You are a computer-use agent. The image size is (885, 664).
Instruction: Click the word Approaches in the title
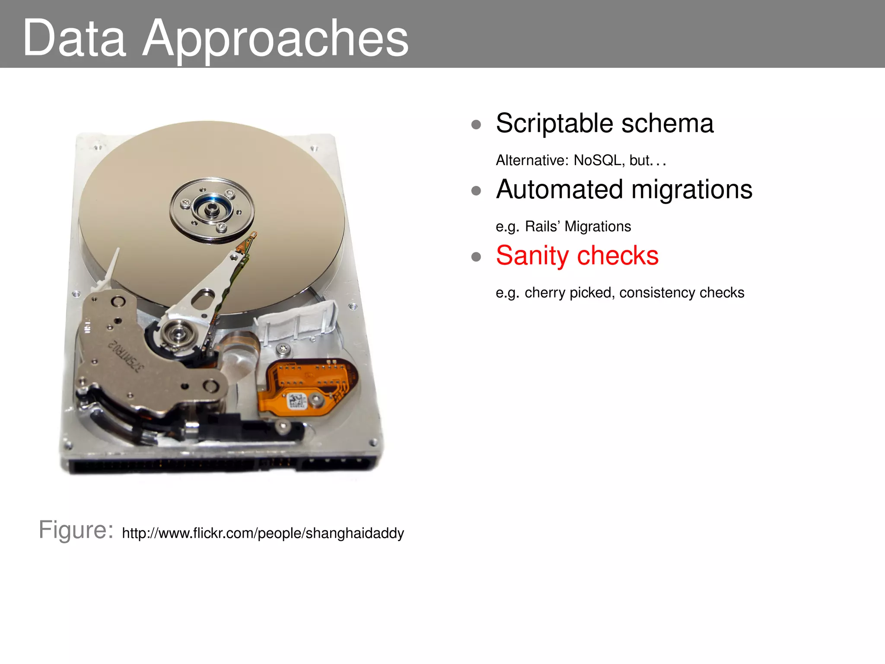click(275, 39)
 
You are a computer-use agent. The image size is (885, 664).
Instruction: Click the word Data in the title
click(74, 39)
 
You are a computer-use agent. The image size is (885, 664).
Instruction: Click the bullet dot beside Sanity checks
click(476, 257)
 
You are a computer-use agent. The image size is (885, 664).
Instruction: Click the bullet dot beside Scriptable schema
click(476, 125)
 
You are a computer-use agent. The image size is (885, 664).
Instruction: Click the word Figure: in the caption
click(76, 530)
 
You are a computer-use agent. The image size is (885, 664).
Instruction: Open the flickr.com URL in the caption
click(263, 533)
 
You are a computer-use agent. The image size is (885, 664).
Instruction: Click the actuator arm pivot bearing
click(177, 333)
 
